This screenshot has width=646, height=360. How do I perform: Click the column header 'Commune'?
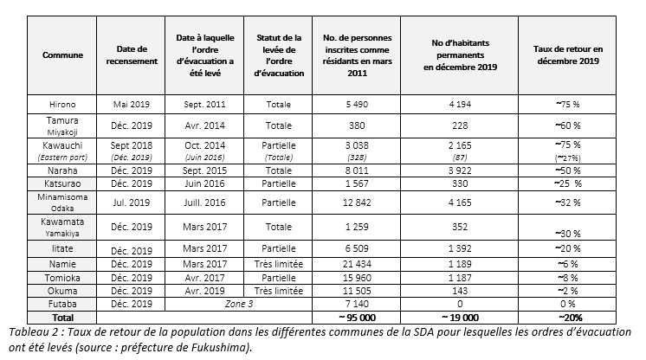point(62,55)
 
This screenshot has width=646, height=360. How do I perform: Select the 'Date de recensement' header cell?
point(132,55)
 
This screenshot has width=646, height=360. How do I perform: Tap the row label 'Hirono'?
point(62,104)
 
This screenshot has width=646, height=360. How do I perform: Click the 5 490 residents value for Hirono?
point(352,104)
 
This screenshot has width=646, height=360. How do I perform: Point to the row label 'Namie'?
point(62,261)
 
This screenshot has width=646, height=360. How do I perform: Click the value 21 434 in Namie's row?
point(352,261)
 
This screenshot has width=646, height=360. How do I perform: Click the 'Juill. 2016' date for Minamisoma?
point(204,202)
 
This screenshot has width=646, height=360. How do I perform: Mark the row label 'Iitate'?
point(62,247)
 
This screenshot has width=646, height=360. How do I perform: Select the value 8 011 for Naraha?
point(352,171)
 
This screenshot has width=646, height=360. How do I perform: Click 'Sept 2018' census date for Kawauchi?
point(132,146)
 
